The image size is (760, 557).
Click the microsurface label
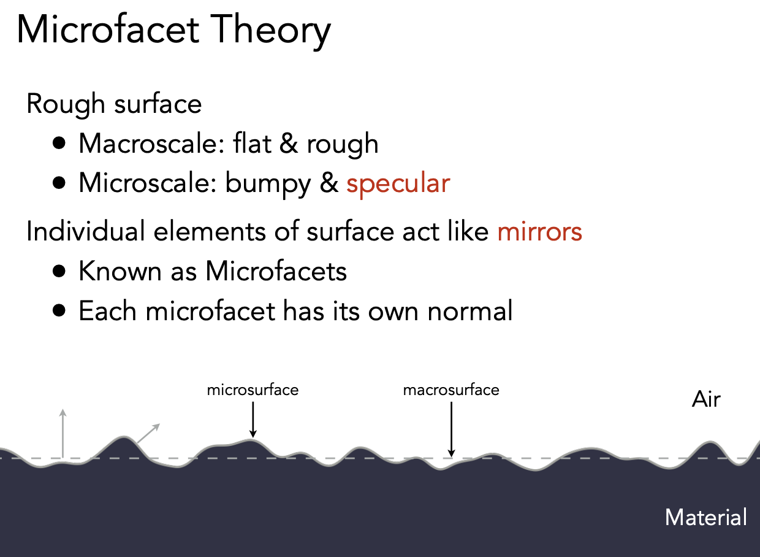click(x=253, y=390)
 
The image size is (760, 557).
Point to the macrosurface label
click(x=451, y=390)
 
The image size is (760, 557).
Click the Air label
click(x=706, y=399)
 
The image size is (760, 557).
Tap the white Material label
click(x=705, y=517)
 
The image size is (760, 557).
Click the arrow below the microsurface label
click(x=253, y=420)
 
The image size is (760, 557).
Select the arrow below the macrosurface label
click(x=451, y=429)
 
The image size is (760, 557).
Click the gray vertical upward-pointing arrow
click(x=63, y=434)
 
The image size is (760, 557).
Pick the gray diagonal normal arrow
click(x=148, y=433)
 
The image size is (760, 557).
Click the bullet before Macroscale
click(x=59, y=143)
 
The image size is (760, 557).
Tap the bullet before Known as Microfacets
click(x=59, y=271)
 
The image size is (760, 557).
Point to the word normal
click(x=470, y=310)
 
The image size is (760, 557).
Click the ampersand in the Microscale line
click(x=329, y=183)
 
